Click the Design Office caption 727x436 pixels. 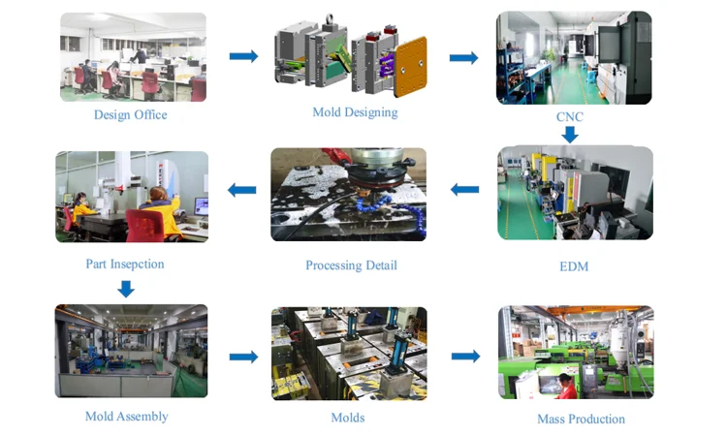130,115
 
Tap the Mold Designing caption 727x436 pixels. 355,112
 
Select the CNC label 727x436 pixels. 570,118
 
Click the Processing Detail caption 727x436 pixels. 351,265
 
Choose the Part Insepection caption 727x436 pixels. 125,264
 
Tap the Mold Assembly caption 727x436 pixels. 126,417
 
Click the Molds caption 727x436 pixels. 347,419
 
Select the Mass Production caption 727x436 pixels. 581,420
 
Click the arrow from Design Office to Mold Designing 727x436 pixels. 243,56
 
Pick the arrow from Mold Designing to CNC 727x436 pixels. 463,58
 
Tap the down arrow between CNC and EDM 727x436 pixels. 570,134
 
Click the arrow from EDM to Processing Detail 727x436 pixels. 464,190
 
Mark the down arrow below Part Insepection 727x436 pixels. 125,288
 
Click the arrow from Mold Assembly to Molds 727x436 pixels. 243,357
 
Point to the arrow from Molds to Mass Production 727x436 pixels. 465,357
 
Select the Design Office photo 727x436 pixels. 133,57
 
